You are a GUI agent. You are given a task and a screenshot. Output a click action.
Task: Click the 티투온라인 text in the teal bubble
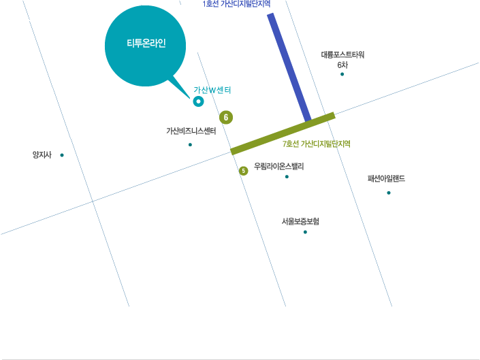146,43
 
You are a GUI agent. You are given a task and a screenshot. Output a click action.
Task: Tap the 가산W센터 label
212,90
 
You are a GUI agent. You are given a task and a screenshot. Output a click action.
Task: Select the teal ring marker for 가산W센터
198,101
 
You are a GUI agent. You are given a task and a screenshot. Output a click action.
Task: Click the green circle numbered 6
226,117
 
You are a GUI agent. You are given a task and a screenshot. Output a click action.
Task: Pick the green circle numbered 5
243,171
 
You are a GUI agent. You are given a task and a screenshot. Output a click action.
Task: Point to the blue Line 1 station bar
289,67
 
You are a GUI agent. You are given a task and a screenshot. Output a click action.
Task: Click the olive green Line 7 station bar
283,133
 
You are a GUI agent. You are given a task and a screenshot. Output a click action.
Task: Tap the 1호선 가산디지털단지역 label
236,3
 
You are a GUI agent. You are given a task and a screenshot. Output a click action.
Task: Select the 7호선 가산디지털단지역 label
316,144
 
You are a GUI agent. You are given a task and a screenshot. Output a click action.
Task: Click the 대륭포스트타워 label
342,54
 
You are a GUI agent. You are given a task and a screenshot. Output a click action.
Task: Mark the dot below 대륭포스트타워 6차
342,74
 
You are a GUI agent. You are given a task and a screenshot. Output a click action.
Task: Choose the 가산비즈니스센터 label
191,131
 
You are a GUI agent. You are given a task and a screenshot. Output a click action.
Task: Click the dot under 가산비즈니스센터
190,145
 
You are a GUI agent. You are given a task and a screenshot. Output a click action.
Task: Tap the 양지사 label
42,154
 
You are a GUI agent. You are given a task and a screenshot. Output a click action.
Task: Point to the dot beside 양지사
62,155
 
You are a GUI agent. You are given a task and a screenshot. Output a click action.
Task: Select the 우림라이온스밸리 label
279,166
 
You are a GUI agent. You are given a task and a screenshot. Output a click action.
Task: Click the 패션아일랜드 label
386,178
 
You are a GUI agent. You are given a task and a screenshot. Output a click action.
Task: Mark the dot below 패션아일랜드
389,193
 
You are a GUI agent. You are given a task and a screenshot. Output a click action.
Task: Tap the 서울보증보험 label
300,221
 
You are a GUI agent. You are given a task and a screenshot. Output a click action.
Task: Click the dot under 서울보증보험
305,232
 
